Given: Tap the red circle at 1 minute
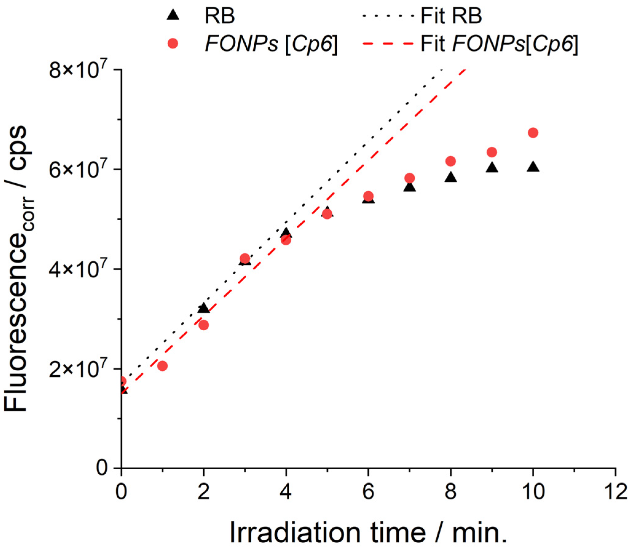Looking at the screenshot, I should pyautogui.click(x=162, y=366).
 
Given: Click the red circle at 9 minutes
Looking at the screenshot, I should pyautogui.click(x=492, y=152).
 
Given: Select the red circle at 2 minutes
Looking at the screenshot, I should pyautogui.click(x=204, y=325).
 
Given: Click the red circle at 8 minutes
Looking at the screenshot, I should pyautogui.click(x=451, y=161).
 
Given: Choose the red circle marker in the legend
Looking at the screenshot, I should pyautogui.click(x=173, y=44).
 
